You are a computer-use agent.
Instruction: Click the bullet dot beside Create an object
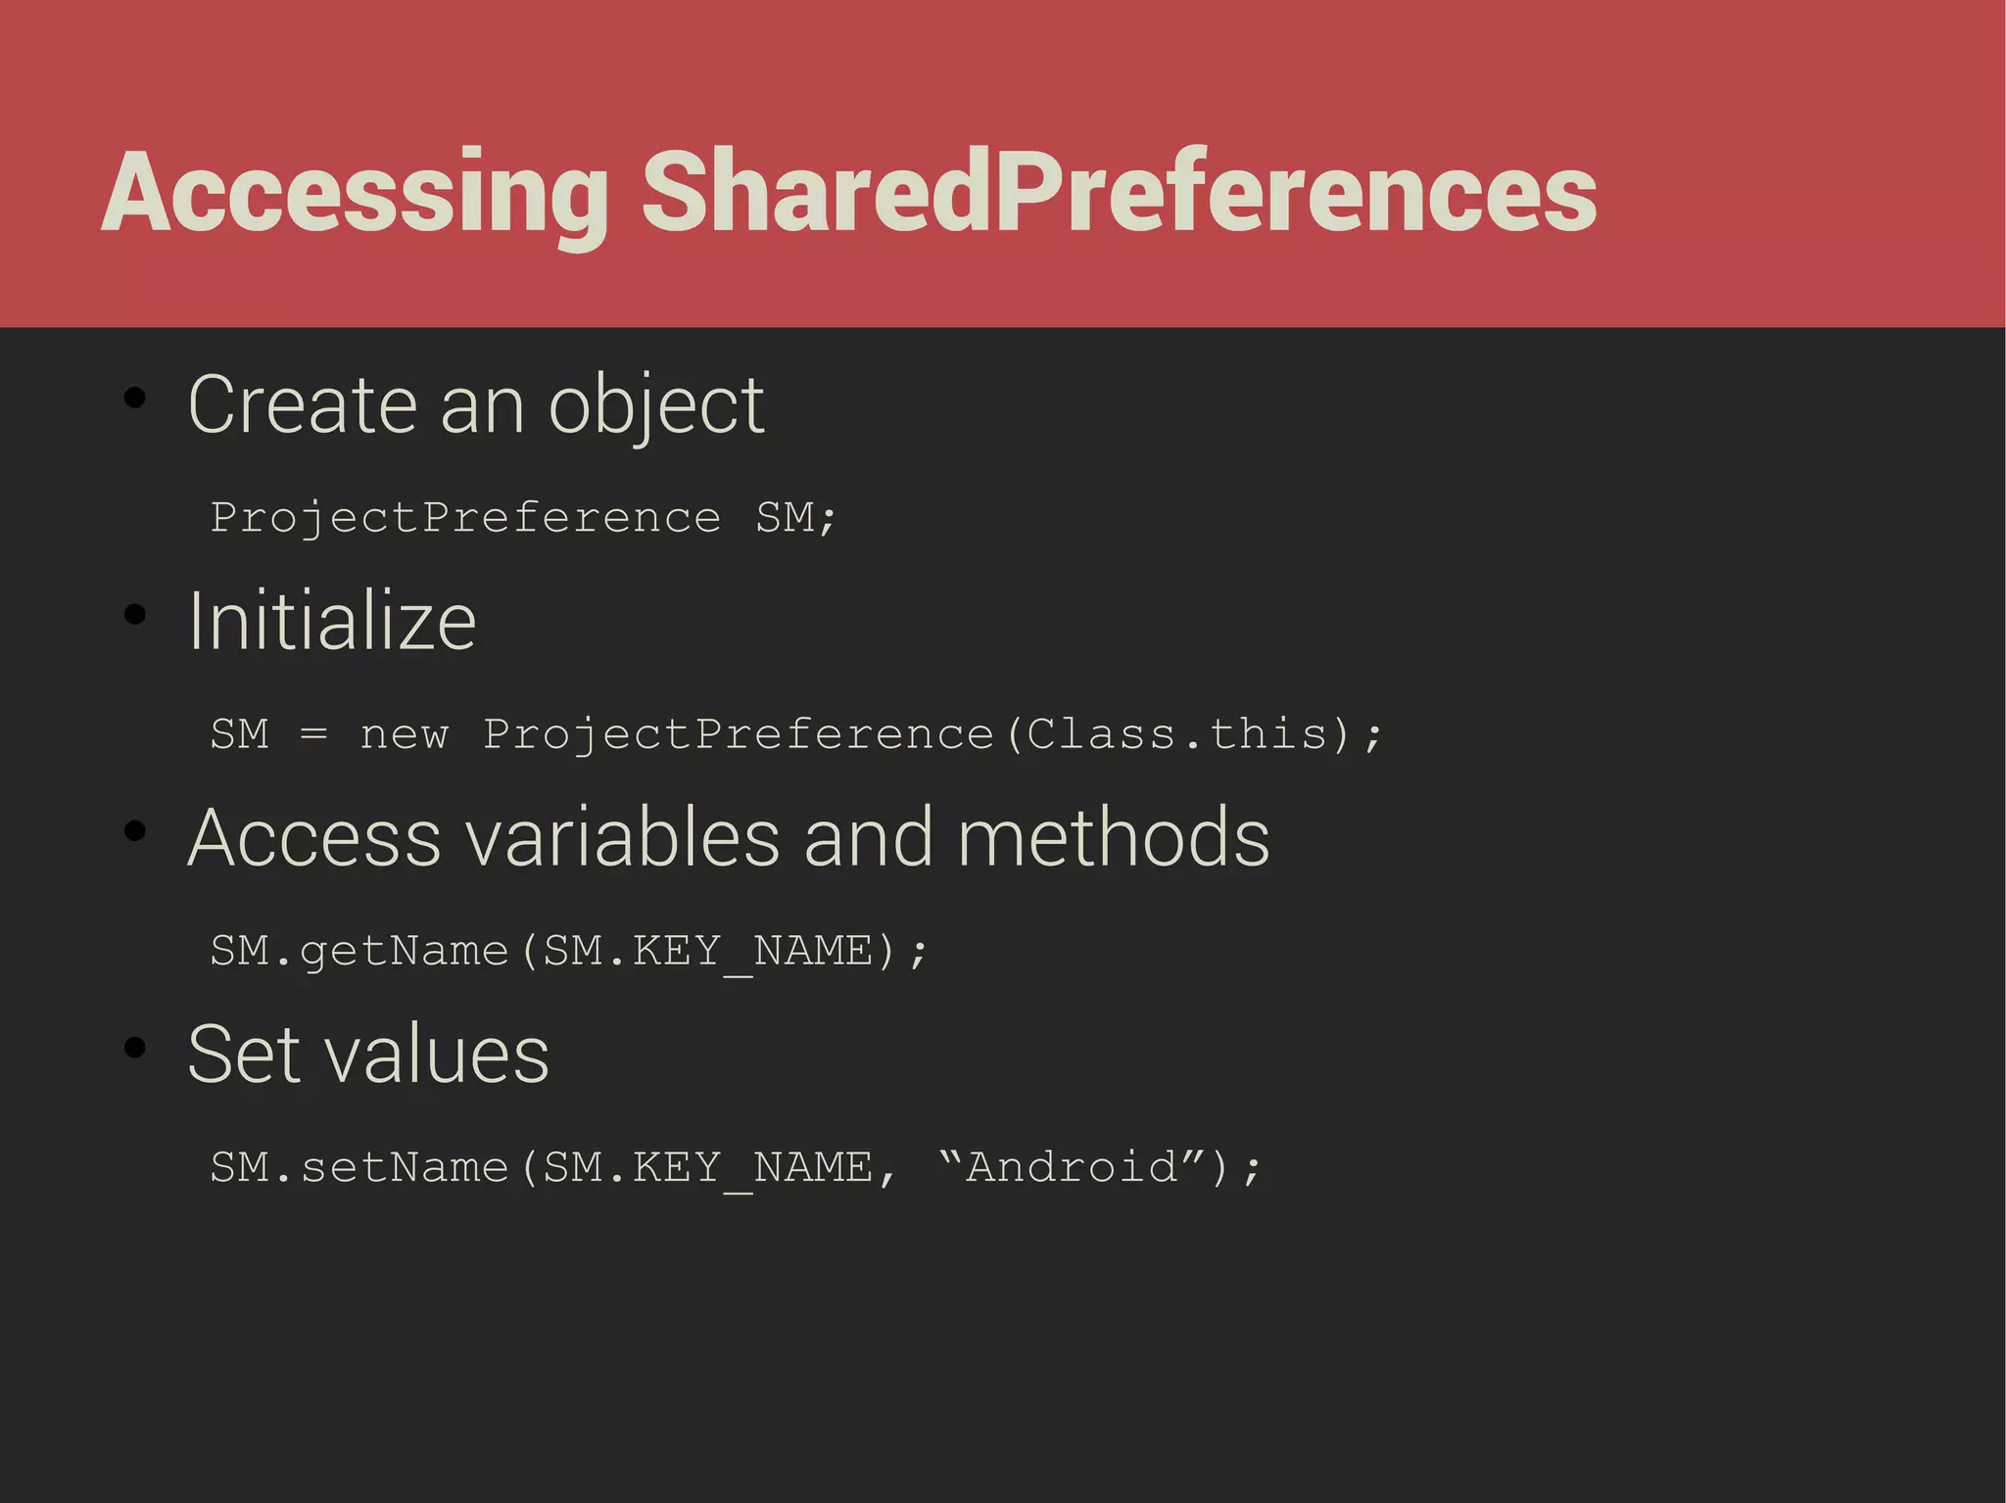pyautogui.click(x=135, y=398)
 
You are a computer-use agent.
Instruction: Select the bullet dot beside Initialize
pyautogui.click(x=135, y=614)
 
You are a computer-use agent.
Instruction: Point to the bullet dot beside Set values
pyautogui.click(x=135, y=1047)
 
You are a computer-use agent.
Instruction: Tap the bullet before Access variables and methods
pyautogui.click(x=135, y=831)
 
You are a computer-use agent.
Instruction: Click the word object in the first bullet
pyautogui.click(x=655, y=405)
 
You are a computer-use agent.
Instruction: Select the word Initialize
pyautogui.click(x=332, y=622)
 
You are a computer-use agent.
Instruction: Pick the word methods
pyautogui.click(x=1113, y=838)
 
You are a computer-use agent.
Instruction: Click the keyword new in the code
pyautogui.click(x=404, y=734)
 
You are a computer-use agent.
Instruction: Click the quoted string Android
pyautogui.click(x=1072, y=1167)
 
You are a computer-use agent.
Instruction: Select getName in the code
pyautogui.click(x=404, y=951)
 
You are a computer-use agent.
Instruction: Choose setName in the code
pyautogui.click(x=404, y=1167)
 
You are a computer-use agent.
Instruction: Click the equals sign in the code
pyautogui.click(x=313, y=734)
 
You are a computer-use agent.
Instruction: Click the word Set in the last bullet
pyautogui.click(x=244, y=1055)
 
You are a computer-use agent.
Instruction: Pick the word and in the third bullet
pyautogui.click(x=868, y=838)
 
